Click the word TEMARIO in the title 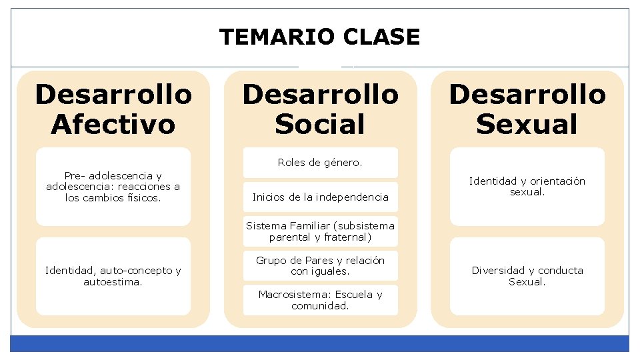tap(278, 37)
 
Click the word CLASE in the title tap(382, 37)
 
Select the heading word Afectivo tap(113, 124)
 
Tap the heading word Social tap(320, 124)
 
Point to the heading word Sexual tap(527, 124)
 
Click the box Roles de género tap(320, 162)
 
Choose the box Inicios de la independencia tap(320, 197)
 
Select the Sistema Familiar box tap(320, 231)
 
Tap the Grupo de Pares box tap(320, 265)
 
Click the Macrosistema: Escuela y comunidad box tap(320, 300)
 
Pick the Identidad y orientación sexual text tap(527, 187)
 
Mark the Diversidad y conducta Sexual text tap(527, 276)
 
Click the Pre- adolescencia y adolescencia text tap(113, 187)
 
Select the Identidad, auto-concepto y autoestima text tap(113, 276)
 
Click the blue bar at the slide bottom tap(320, 343)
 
